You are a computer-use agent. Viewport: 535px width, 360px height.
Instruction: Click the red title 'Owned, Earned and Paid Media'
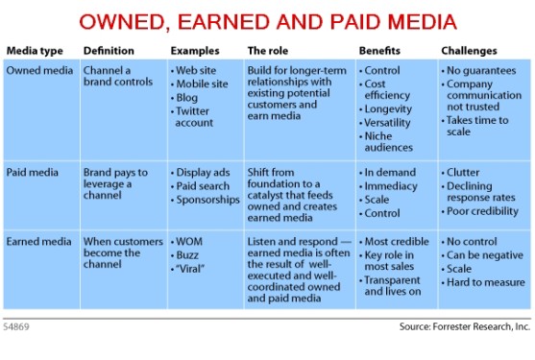[x=267, y=21]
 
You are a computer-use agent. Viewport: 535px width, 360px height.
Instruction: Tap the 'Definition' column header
[x=109, y=50]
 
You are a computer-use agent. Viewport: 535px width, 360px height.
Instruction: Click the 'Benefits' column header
[x=381, y=50]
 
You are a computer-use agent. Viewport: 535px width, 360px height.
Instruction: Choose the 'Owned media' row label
[x=38, y=70]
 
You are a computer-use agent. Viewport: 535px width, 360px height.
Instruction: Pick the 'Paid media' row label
[x=35, y=172]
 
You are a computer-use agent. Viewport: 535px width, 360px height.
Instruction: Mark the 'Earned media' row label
[x=39, y=241]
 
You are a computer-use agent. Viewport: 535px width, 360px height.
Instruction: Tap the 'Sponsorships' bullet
[x=207, y=200]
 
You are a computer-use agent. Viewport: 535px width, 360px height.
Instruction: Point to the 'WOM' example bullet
[x=188, y=241]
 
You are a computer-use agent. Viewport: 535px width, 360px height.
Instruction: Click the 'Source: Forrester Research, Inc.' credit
[x=464, y=326]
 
